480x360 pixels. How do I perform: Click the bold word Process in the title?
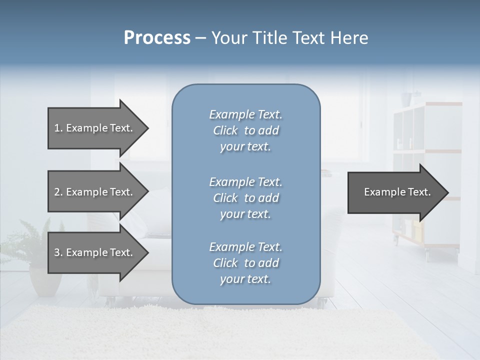[157, 38]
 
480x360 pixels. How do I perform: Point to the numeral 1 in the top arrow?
[57, 128]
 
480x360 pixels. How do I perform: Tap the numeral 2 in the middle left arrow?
[57, 192]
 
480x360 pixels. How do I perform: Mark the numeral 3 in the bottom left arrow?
[57, 252]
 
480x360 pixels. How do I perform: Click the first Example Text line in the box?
[245, 114]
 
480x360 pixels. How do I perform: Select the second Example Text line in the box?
[245, 182]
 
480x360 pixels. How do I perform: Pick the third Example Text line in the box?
[245, 247]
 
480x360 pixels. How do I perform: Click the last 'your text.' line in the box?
[245, 279]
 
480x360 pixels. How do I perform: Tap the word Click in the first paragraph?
[225, 130]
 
